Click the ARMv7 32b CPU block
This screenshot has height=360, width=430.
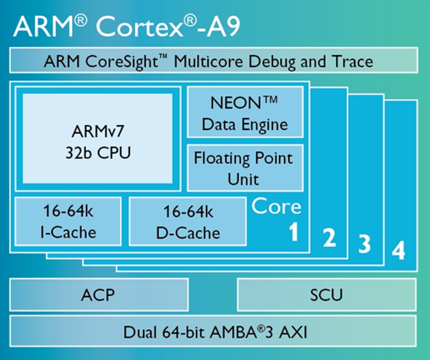97,139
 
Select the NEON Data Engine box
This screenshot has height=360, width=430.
244,113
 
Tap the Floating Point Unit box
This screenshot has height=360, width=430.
244,168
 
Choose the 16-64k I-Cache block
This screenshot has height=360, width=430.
68,221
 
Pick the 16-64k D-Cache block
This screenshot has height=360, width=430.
187,221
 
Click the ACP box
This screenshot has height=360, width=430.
98,294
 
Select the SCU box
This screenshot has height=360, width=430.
326,294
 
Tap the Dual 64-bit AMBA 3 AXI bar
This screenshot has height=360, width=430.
214,331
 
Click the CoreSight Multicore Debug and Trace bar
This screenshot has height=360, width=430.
214,61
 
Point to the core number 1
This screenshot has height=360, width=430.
293,232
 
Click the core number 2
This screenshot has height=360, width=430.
328,238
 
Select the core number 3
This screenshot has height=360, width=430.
365,244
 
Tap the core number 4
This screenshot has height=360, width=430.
398,251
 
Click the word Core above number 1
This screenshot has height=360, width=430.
277,207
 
